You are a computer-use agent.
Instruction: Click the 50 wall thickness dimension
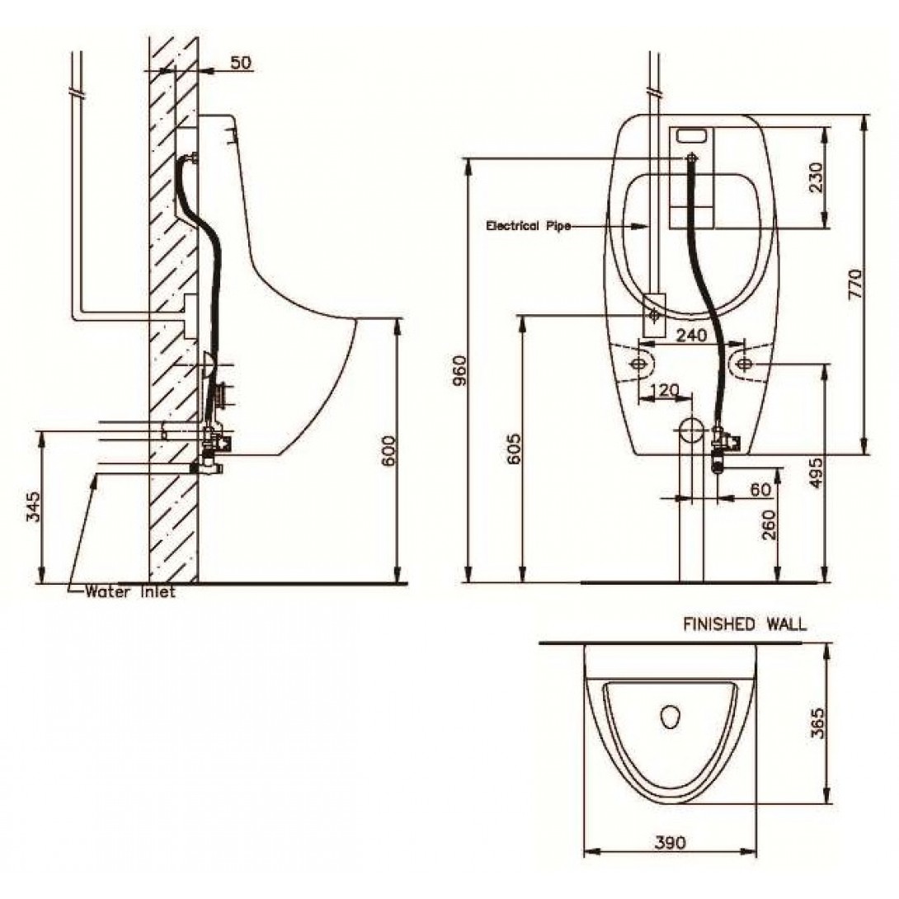click(x=241, y=62)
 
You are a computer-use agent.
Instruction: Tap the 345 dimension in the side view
click(x=35, y=506)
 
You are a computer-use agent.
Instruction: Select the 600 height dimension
click(x=388, y=450)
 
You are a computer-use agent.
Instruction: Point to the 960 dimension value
click(x=460, y=371)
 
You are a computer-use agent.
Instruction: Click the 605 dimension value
click(x=514, y=449)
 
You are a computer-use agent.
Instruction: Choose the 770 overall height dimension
click(x=854, y=283)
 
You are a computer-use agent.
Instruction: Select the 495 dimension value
click(x=817, y=471)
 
